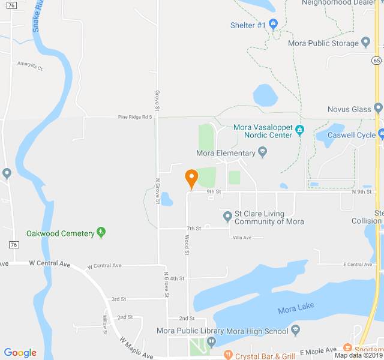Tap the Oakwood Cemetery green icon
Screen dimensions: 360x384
101,233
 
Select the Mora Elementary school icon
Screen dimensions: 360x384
263,153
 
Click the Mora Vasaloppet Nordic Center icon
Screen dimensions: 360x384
300,130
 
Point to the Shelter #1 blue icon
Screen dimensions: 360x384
274,25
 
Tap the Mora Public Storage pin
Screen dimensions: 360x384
366,43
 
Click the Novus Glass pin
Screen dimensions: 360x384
377,109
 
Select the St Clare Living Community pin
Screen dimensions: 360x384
227,217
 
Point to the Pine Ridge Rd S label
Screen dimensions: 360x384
135,117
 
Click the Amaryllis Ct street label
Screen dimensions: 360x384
30,65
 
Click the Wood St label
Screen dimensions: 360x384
187,244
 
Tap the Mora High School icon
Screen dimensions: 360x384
295,331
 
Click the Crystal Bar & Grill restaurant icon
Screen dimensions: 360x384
227,355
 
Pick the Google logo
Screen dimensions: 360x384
20,353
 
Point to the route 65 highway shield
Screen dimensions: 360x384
376,60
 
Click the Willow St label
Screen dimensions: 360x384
105,324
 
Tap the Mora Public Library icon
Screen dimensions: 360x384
211,342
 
